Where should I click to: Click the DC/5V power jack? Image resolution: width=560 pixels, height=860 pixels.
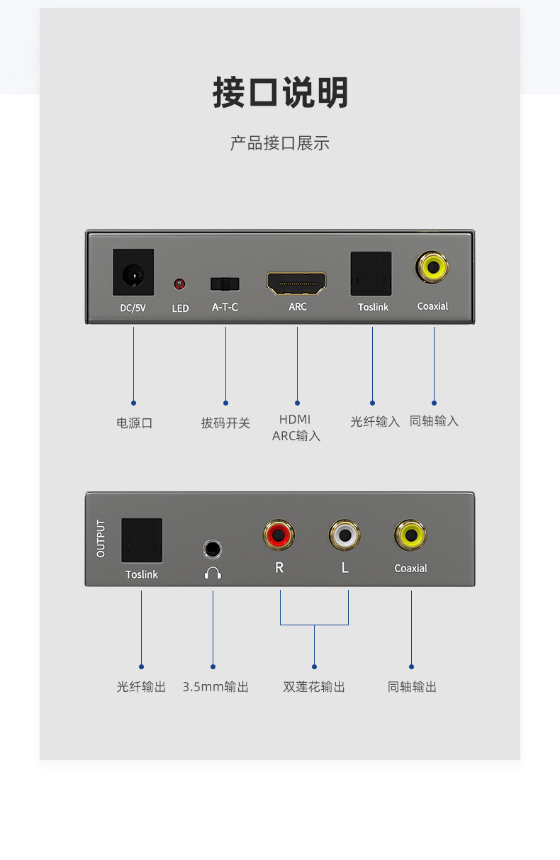point(133,272)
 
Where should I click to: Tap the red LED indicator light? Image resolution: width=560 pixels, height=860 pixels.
point(179,284)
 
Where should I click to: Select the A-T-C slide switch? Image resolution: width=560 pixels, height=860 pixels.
point(225,284)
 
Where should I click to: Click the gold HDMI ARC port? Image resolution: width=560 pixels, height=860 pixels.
point(297,284)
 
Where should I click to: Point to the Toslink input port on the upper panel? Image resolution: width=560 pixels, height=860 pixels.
point(371,274)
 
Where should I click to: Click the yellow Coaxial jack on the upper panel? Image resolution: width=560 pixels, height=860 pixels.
point(432,267)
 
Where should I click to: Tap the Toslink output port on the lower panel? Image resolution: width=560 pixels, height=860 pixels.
point(142,540)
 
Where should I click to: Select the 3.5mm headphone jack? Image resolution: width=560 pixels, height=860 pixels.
point(212,549)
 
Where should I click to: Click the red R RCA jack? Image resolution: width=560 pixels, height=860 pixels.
point(279,535)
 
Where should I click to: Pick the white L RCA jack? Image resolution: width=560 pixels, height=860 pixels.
point(345,535)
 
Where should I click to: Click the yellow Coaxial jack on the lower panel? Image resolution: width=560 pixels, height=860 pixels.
point(410,535)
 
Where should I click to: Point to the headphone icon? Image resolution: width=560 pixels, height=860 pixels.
point(213,572)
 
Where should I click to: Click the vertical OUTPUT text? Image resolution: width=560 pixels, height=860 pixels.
point(101,538)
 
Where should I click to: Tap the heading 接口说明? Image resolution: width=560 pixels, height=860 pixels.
point(281,93)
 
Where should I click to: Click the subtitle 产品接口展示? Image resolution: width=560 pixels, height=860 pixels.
point(280,143)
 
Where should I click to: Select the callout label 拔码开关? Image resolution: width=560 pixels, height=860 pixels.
point(225,423)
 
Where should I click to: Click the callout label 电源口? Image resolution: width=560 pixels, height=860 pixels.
point(135,423)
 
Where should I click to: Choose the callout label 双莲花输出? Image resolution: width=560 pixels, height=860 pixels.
point(314,686)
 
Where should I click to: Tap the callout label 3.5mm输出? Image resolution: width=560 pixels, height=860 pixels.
point(215,686)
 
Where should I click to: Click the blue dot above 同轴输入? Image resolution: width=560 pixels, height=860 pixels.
point(434,403)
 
